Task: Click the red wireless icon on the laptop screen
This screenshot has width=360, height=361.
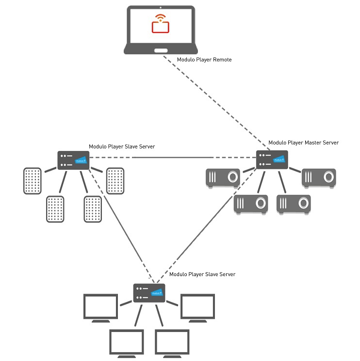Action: pos(160,24)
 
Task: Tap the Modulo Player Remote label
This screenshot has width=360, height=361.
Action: pos(204,60)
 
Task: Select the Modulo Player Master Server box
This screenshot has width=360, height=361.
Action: pos(272,160)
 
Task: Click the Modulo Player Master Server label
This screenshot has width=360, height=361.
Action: pos(303,143)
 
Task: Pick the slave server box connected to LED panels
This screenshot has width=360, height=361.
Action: pos(73,160)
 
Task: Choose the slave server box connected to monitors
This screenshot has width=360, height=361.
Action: pos(149,293)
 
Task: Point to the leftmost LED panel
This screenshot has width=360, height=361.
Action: pos(33,181)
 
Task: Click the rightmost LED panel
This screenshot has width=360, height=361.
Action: pos(115,181)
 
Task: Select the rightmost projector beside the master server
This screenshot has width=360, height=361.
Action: pos(319,178)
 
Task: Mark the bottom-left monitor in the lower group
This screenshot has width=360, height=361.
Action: pos(127,343)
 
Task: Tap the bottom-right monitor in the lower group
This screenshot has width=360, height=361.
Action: pos(172,343)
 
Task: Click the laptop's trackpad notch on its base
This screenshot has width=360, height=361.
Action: pos(160,50)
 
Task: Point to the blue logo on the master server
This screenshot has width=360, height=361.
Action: pos(279,159)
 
